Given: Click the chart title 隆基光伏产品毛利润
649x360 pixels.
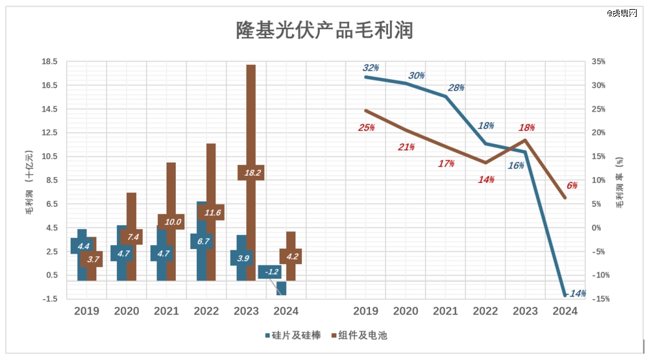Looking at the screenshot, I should click(324, 30).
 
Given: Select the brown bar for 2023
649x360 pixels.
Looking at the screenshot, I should click(251, 117).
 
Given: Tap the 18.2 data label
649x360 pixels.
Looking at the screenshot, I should click(250, 173).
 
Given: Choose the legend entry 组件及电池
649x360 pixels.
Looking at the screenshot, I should click(360, 335).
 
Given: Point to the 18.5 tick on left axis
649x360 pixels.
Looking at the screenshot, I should click(50, 62).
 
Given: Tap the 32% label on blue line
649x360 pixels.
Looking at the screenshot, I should click(371, 68).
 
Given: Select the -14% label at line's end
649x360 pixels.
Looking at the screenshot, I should click(576, 294).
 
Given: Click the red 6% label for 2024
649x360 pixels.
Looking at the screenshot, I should click(572, 186).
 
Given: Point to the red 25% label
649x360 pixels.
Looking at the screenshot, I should click(366, 128).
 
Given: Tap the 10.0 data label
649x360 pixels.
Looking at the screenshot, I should click(171, 222).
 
